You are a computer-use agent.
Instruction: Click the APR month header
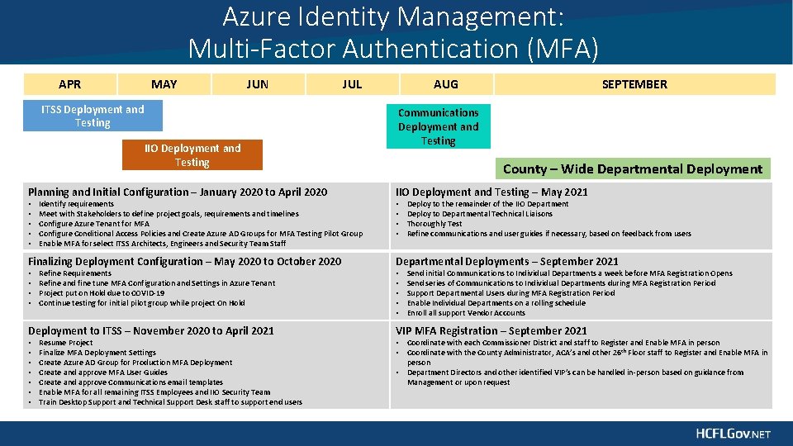(x=70, y=84)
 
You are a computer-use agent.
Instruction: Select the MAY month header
(x=164, y=84)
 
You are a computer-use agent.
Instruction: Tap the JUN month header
(x=258, y=84)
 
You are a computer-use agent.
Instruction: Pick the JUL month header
(x=352, y=84)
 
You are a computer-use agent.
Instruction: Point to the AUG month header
(x=445, y=84)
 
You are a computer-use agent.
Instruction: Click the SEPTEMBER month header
(x=634, y=84)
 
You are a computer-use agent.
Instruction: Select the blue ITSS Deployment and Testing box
(x=93, y=116)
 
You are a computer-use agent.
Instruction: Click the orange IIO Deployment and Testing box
(x=192, y=155)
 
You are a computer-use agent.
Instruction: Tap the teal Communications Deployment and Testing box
(x=438, y=126)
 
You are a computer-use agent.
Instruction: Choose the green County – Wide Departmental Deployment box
(x=632, y=169)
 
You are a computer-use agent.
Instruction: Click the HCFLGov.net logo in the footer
(x=732, y=434)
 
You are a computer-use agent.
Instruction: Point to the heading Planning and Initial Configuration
(x=178, y=192)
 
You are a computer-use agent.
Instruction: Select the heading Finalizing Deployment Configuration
(x=184, y=261)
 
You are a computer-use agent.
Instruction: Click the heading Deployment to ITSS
(x=151, y=330)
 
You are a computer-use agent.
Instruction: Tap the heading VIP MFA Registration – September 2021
(x=491, y=330)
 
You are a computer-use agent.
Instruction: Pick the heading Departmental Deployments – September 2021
(x=506, y=261)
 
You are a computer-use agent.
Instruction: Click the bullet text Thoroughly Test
(x=434, y=224)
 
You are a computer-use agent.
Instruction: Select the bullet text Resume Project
(x=65, y=343)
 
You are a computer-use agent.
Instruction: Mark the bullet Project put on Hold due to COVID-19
(x=102, y=293)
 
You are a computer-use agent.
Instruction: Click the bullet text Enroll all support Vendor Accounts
(x=466, y=313)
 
